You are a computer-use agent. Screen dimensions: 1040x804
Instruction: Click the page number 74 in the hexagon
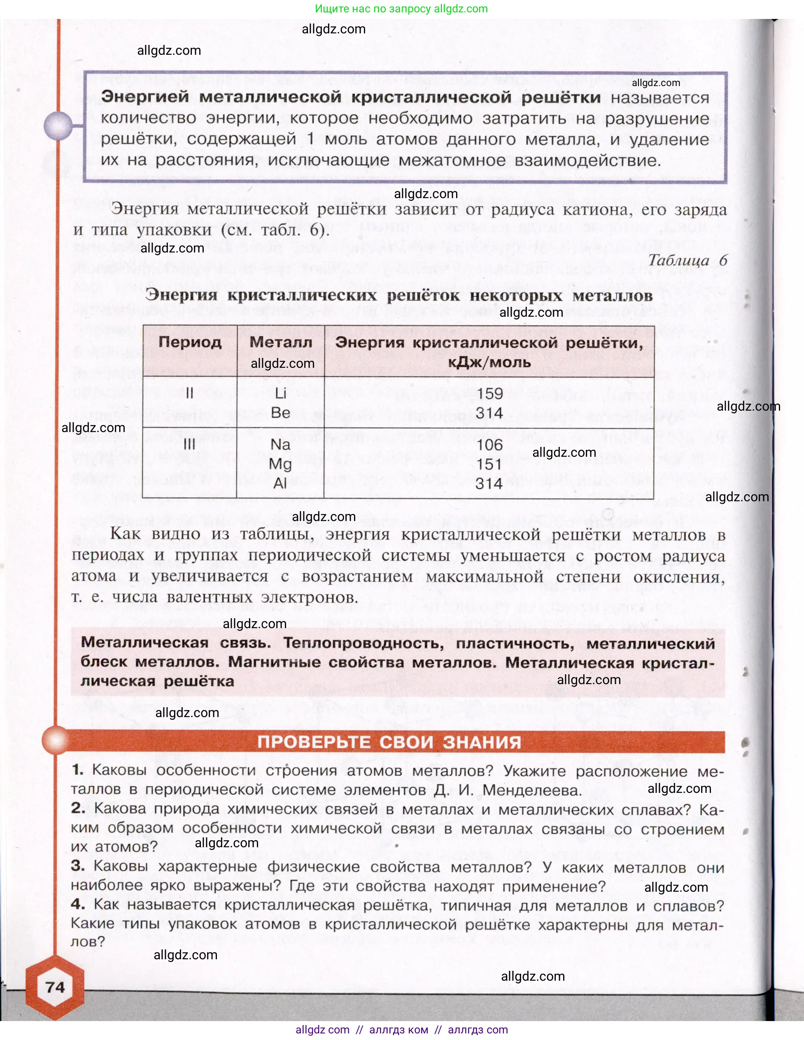click(55, 987)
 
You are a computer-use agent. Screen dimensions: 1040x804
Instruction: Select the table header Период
click(190, 342)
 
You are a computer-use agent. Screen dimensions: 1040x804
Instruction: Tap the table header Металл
click(281, 342)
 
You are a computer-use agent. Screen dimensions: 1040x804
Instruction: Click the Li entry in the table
click(280, 393)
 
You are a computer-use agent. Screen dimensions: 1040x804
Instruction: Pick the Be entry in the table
click(280, 412)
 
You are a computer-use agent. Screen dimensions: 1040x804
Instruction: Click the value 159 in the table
click(490, 393)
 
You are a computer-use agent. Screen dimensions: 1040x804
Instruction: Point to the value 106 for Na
click(490, 445)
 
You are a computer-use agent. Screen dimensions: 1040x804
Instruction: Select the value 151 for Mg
click(490, 464)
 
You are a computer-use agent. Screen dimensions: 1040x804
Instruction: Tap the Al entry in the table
click(280, 483)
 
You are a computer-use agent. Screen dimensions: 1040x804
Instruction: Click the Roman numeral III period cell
click(189, 444)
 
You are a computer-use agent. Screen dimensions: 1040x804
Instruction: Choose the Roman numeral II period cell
click(189, 393)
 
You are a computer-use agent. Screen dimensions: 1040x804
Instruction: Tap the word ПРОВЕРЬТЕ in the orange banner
click(314, 742)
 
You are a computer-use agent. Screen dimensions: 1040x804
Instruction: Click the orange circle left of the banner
click(56, 741)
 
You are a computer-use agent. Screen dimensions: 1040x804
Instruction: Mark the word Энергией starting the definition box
click(145, 97)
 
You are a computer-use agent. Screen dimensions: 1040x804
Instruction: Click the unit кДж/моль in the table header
click(489, 362)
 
